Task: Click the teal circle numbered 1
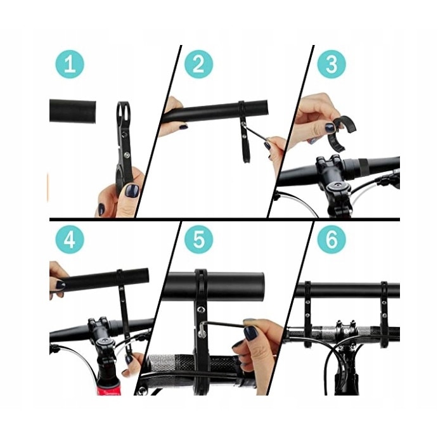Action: click(70, 64)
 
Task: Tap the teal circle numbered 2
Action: click(198, 64)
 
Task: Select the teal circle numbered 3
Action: click(332, 64)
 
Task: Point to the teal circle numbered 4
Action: click(70, 240)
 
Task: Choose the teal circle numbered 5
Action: click(198, 240)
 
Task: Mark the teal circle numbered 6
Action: click(332, 240)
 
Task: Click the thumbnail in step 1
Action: click(132, 191)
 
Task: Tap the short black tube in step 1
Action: click(73, 111)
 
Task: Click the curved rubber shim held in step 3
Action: click(337, 132)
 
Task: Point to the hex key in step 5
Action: click(224, 325)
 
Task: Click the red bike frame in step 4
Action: click(110, 386)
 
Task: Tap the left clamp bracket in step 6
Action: click(307, 313)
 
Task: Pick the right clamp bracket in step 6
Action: click(384, 313)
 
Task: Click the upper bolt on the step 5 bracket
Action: click(200, 309)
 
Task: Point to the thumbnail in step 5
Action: click(250, 333)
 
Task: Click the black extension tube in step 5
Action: click(214, 285)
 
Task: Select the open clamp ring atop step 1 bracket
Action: click(123, 110)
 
